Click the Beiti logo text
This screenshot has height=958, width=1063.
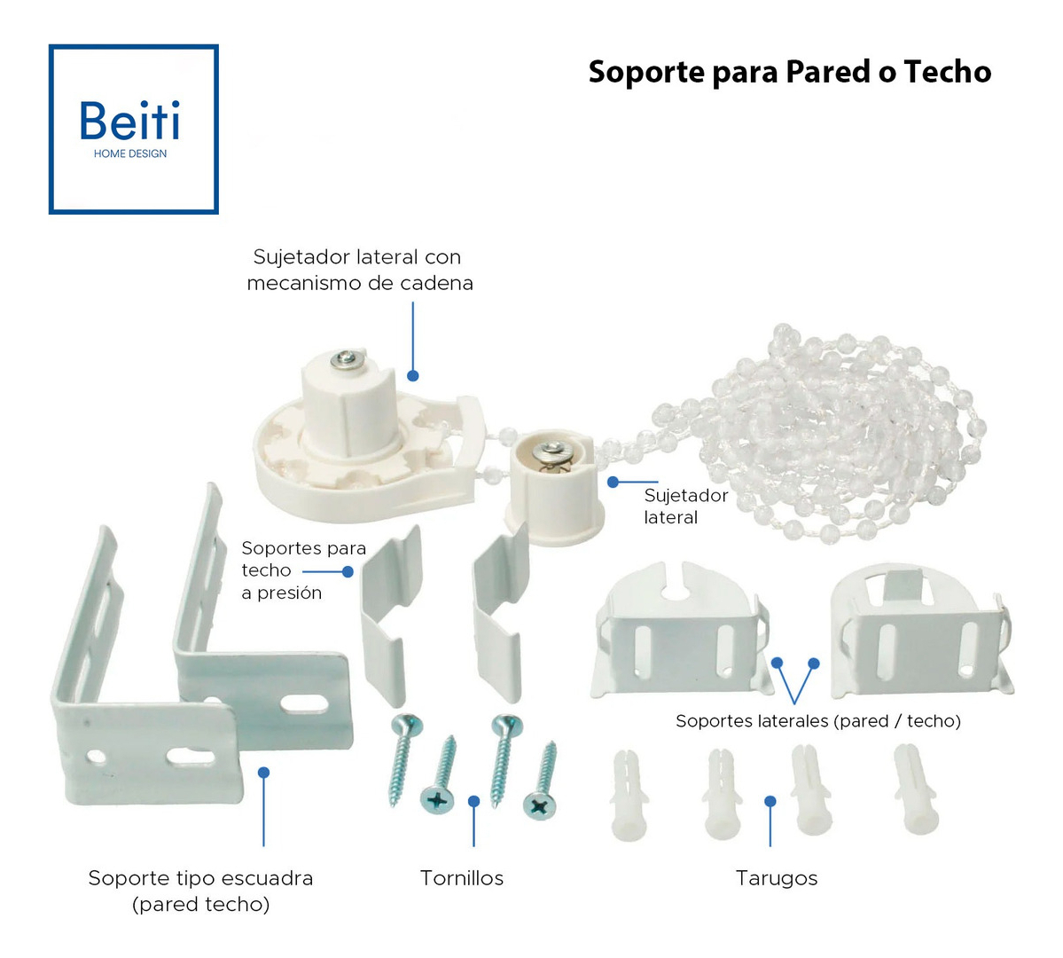tap(130, 122)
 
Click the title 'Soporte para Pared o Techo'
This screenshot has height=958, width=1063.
tap(789, 72)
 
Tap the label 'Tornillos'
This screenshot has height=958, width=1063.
tap(461, 878)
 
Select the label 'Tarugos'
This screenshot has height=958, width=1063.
tap(777, 878)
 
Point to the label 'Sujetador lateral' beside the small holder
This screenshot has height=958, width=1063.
tap(685, 506)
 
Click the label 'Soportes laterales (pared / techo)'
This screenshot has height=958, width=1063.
tap(817, 721)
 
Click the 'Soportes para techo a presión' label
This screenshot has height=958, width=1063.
tap(303, 570)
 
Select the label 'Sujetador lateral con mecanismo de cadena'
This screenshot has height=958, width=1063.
tap(359, 270)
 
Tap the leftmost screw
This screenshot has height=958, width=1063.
tap(404, 758)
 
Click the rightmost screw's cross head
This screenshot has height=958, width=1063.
tap(539, 805)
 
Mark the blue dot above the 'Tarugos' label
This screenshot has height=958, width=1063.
tap(770, 801)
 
